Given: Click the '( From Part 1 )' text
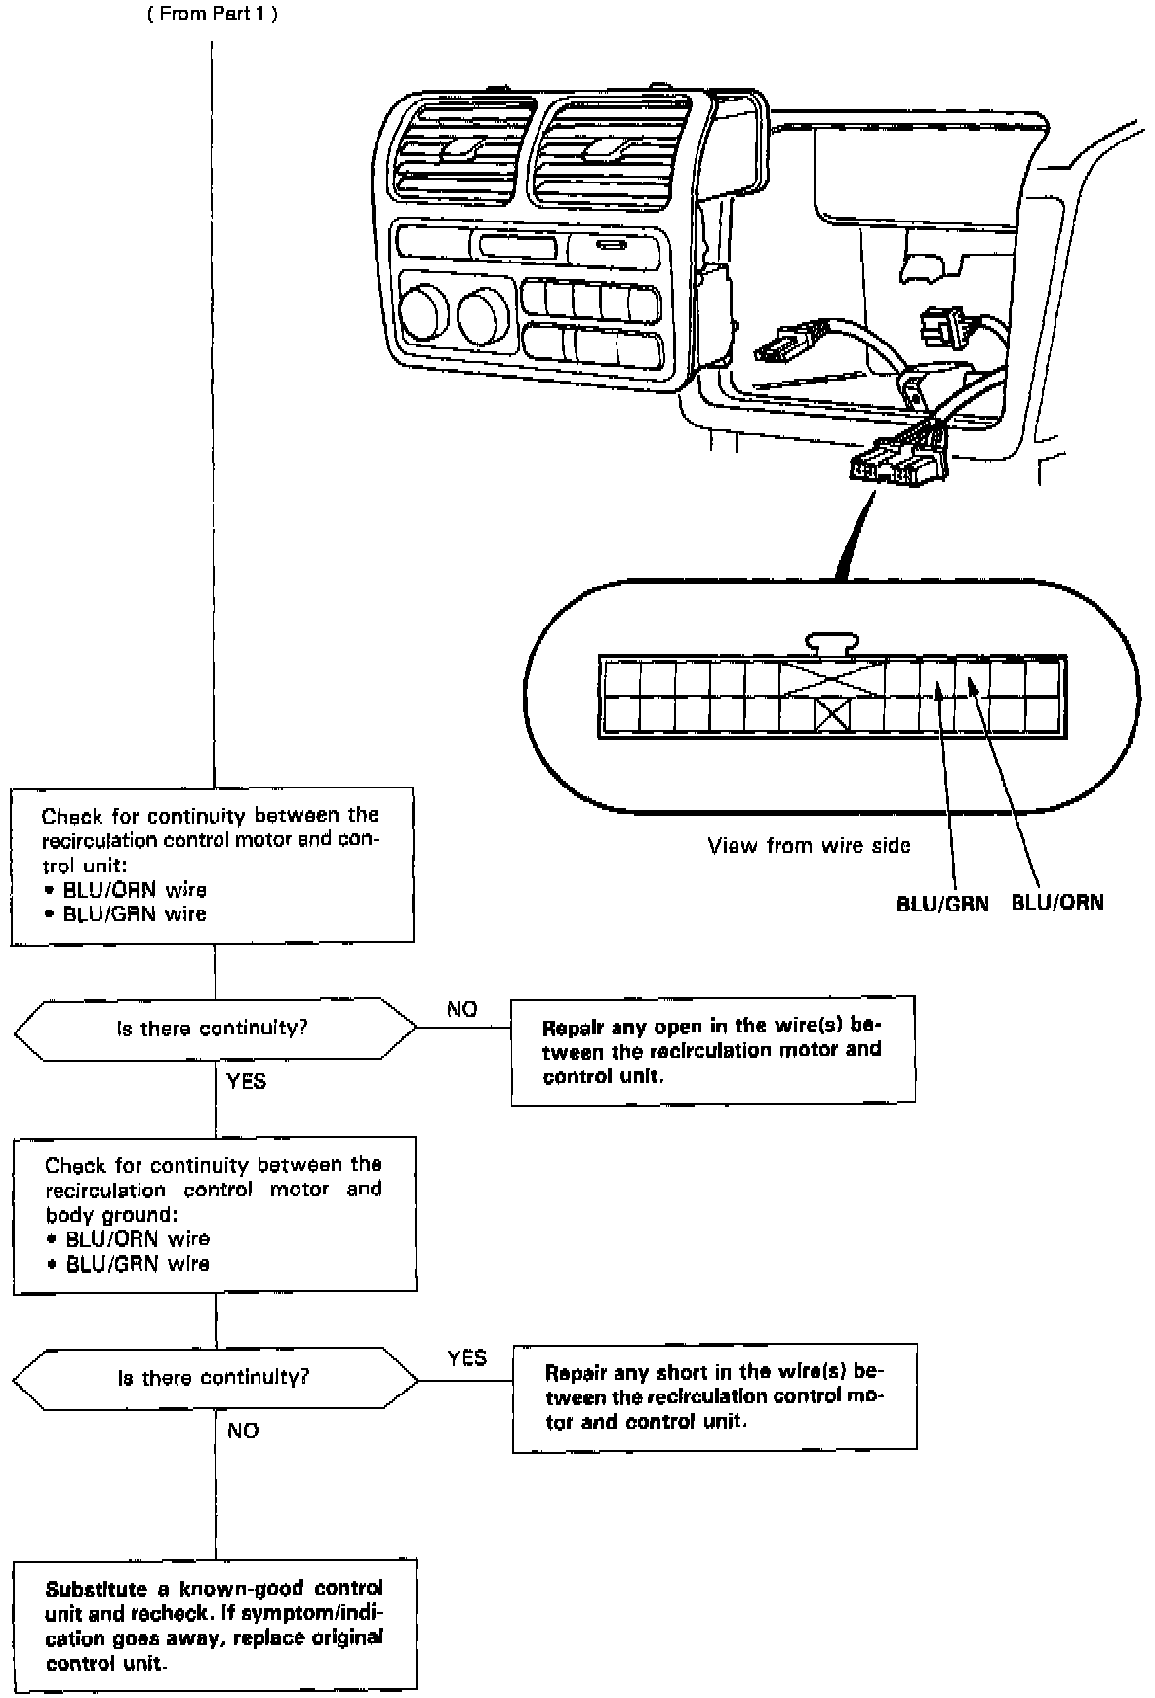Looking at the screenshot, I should [213, 17].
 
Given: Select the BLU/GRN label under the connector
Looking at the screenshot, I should [942, 904].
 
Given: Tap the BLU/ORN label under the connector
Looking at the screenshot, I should [1057, 902].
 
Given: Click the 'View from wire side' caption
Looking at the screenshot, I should [809, 846].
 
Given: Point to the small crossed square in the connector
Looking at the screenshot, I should [832, 715].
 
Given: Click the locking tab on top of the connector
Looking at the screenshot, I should [832, 643].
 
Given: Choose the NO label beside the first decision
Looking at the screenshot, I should [461, 1009].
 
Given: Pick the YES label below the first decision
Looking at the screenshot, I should [246, 1081].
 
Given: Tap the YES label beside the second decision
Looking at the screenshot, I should [466, 1358].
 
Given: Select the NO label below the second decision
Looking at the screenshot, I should [243, 1431].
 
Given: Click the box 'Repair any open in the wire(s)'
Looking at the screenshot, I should [713, 1051].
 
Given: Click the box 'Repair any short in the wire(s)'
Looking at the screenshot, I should [714, 1397].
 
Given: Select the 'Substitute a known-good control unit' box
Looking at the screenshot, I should [215, 1625].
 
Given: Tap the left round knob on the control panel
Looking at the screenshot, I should [424, 313].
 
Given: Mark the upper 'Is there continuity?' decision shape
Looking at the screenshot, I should [215, 1029].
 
